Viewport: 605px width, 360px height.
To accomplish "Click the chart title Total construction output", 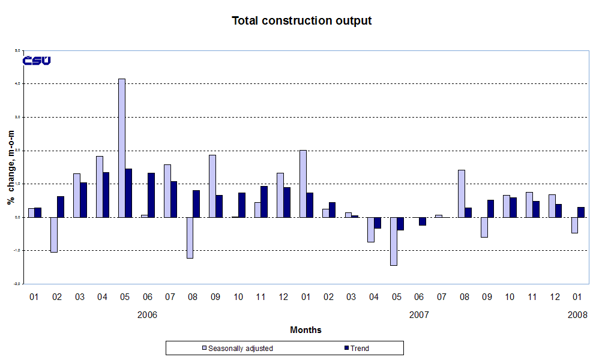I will tap(302, 21).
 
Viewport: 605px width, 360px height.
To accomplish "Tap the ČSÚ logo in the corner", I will tap(37, 61).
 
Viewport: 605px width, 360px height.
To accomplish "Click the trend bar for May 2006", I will tap(129, 193).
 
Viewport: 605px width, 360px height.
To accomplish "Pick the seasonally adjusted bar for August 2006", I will tap(190, 238).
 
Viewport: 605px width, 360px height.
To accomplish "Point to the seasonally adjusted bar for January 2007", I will tap(303, 184).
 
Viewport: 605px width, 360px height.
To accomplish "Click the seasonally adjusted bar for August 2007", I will tap(462, 193).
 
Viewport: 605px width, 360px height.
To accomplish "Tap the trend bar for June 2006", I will tap(151, 195).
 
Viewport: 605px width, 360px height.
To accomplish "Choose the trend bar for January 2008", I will tap(581, 212).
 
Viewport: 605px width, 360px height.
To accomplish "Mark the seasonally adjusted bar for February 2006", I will tap(54, 235).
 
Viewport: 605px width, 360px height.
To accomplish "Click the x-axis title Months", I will tap(306, 330).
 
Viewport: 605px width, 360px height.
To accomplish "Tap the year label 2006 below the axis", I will tap(147, 314).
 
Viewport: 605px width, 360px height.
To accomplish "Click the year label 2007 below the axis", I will tap(419, 314).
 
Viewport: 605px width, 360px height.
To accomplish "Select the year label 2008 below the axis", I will tap(577, 314).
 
